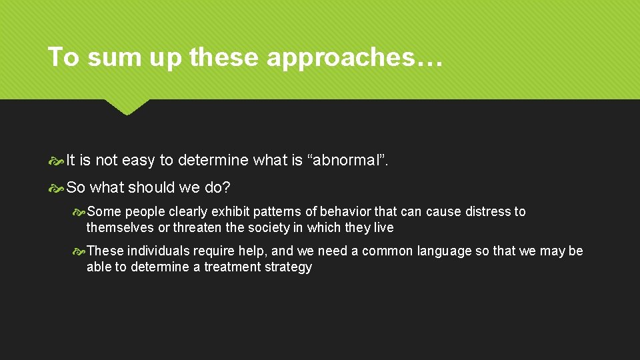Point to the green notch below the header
click(127, 107)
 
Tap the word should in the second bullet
click(150, 188)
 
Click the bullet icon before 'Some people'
click(79, 212)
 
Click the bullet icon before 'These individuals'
click(79, 251)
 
